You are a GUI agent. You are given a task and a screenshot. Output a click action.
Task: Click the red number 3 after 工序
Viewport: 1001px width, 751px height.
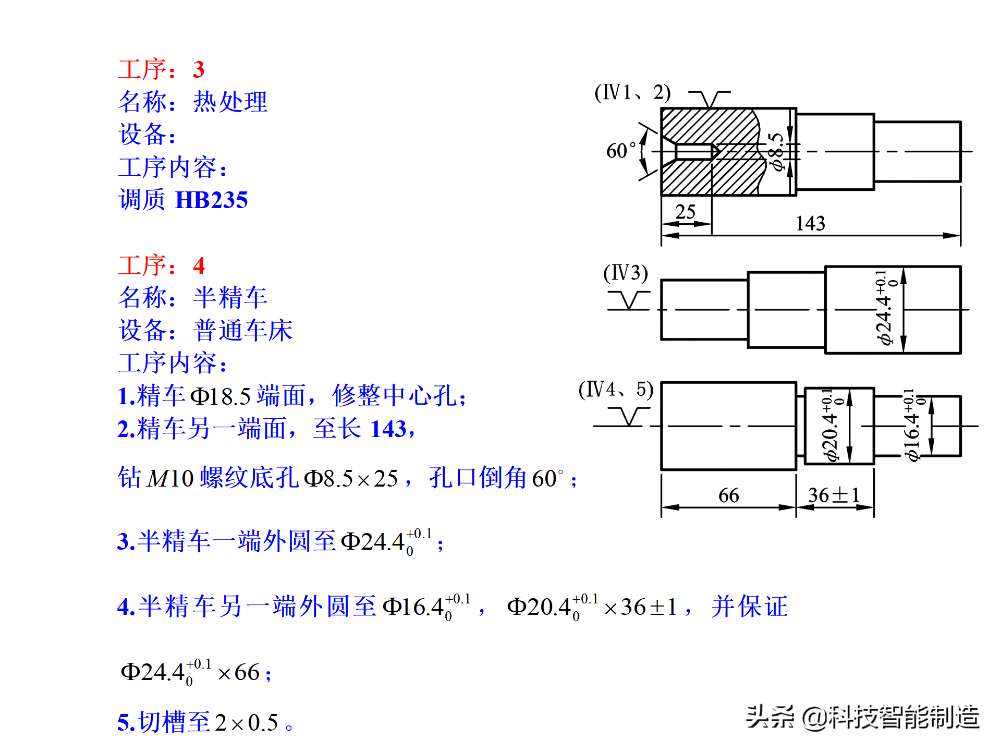pyautogui.click(x=198, y=69)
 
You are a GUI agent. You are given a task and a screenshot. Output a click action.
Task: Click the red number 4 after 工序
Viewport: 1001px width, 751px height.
pyautogui.click(x=199, y=265)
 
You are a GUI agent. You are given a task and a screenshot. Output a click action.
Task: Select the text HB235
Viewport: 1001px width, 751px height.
pyautogui.click(x=211, y=200)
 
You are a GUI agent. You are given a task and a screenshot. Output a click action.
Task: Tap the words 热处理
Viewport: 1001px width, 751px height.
pyautogui.click(x=230, y=102)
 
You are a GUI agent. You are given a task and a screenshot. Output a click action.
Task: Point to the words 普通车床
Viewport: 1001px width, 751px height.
pyautogui.click(x=242, y=330)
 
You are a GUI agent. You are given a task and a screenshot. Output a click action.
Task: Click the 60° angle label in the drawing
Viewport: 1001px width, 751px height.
pyautogui.click(x=620, y=151)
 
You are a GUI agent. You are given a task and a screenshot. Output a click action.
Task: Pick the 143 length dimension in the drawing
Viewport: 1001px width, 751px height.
pyautogui.click(x=810, y=224)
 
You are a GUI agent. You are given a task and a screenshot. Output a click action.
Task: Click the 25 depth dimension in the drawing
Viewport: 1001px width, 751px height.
pyautogui.click(x=685, y=212)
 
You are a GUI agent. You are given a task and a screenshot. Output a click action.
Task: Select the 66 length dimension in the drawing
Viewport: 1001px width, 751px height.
pyautogui.click(x=728, y=495)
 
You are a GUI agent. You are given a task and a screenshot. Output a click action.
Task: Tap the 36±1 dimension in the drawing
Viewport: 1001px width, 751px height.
pyautogui.click(x=834, y=495)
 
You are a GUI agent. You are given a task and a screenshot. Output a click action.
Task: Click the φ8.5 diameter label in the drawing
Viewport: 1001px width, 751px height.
pyautogui.click(x=777, y=152)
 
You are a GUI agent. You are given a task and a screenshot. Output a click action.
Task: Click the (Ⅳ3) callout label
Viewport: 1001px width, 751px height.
pyautogui.click(x=626, y=273)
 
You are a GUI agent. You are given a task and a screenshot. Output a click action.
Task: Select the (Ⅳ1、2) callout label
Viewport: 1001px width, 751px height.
pyautogui.click(x=632, y=93)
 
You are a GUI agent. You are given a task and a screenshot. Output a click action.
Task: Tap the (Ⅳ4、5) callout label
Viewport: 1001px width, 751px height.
pyautogui.click(x=616, y=390)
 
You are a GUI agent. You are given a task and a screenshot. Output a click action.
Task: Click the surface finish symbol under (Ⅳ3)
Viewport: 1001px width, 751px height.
pyautogui.click(x=629, y=301)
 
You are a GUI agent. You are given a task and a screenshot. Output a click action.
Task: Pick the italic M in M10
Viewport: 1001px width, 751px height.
pyautogui.click(x=157, y=479)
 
